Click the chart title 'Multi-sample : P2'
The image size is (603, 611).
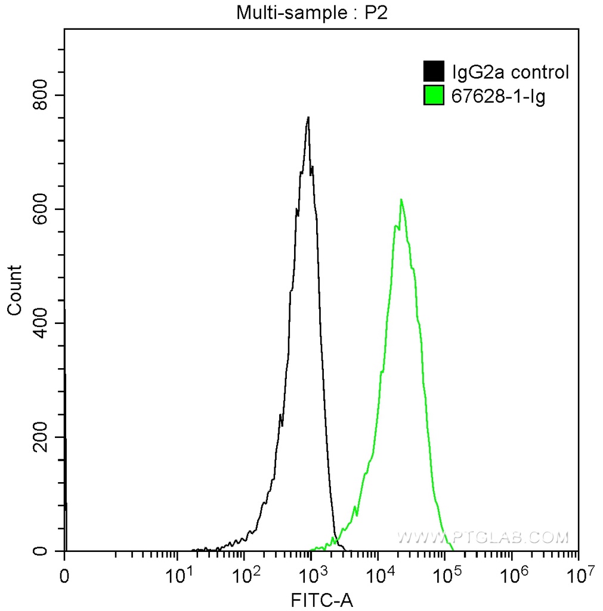click(x=313, y=13)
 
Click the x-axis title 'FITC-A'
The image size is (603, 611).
click(x=321, y=600)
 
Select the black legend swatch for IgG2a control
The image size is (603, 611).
click(x=434, y=72)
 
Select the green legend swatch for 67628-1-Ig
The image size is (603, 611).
click(x=434, y=95)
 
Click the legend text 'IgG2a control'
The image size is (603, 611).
click(x=511, y=73)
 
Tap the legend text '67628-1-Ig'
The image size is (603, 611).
click(x=499, y=96)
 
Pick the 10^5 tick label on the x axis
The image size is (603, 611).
click(x=444, y=576)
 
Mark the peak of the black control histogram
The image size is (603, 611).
click(x=308, y=118)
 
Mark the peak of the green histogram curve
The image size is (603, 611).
click(x=401, y=199)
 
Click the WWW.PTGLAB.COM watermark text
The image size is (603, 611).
click(x=483, y=538)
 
